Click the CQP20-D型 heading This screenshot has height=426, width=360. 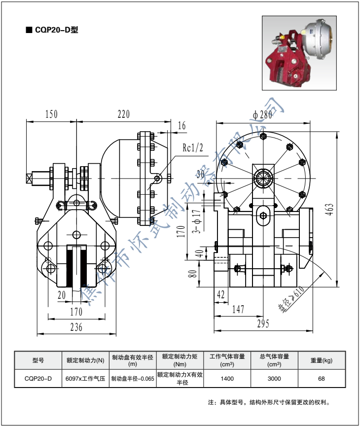point(54,29)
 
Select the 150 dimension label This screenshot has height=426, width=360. point(51,114)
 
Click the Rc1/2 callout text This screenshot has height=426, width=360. point(193,147)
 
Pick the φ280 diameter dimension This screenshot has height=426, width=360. point(262,115)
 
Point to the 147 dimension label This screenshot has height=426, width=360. point(239,309)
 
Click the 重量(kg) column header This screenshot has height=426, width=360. point(322,360)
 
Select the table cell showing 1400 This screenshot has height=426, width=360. point(227,379)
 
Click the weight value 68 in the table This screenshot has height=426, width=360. point(322,379)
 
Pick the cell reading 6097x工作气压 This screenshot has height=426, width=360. point(85,379)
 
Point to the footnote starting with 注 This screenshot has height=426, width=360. point(269,402)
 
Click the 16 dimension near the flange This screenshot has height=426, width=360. point(181,126)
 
